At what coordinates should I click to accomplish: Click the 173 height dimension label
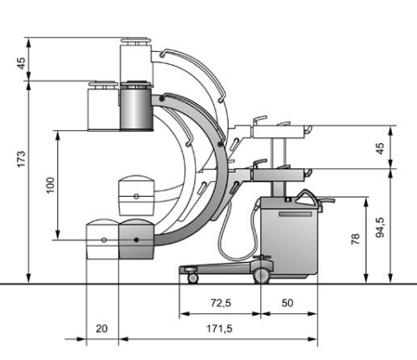coord(21,159)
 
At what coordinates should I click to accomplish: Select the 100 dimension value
coord(50,186)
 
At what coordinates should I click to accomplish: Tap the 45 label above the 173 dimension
coord(21,63)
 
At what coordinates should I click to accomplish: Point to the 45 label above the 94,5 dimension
coord(381,148)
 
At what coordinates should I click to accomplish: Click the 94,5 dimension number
coord(381,227)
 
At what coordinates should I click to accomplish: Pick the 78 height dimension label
coord(355,239)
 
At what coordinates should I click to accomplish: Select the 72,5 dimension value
coord(221,303)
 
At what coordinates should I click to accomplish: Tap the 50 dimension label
coord(287,303)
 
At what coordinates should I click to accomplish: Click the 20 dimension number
coord(101,329)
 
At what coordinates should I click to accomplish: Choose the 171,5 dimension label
coord(219,329)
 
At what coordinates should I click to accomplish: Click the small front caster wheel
coord(192,278)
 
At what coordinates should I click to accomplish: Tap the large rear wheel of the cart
coord(261,276)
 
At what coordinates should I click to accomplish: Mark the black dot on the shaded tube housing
coord(137,239)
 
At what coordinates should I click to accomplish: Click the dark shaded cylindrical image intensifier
coord(136,108)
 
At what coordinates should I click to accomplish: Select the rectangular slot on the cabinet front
coord(296,214)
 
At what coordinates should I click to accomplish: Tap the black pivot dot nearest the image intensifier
coord(162,100)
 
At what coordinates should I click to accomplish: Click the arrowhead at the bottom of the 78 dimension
coord(366,278)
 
